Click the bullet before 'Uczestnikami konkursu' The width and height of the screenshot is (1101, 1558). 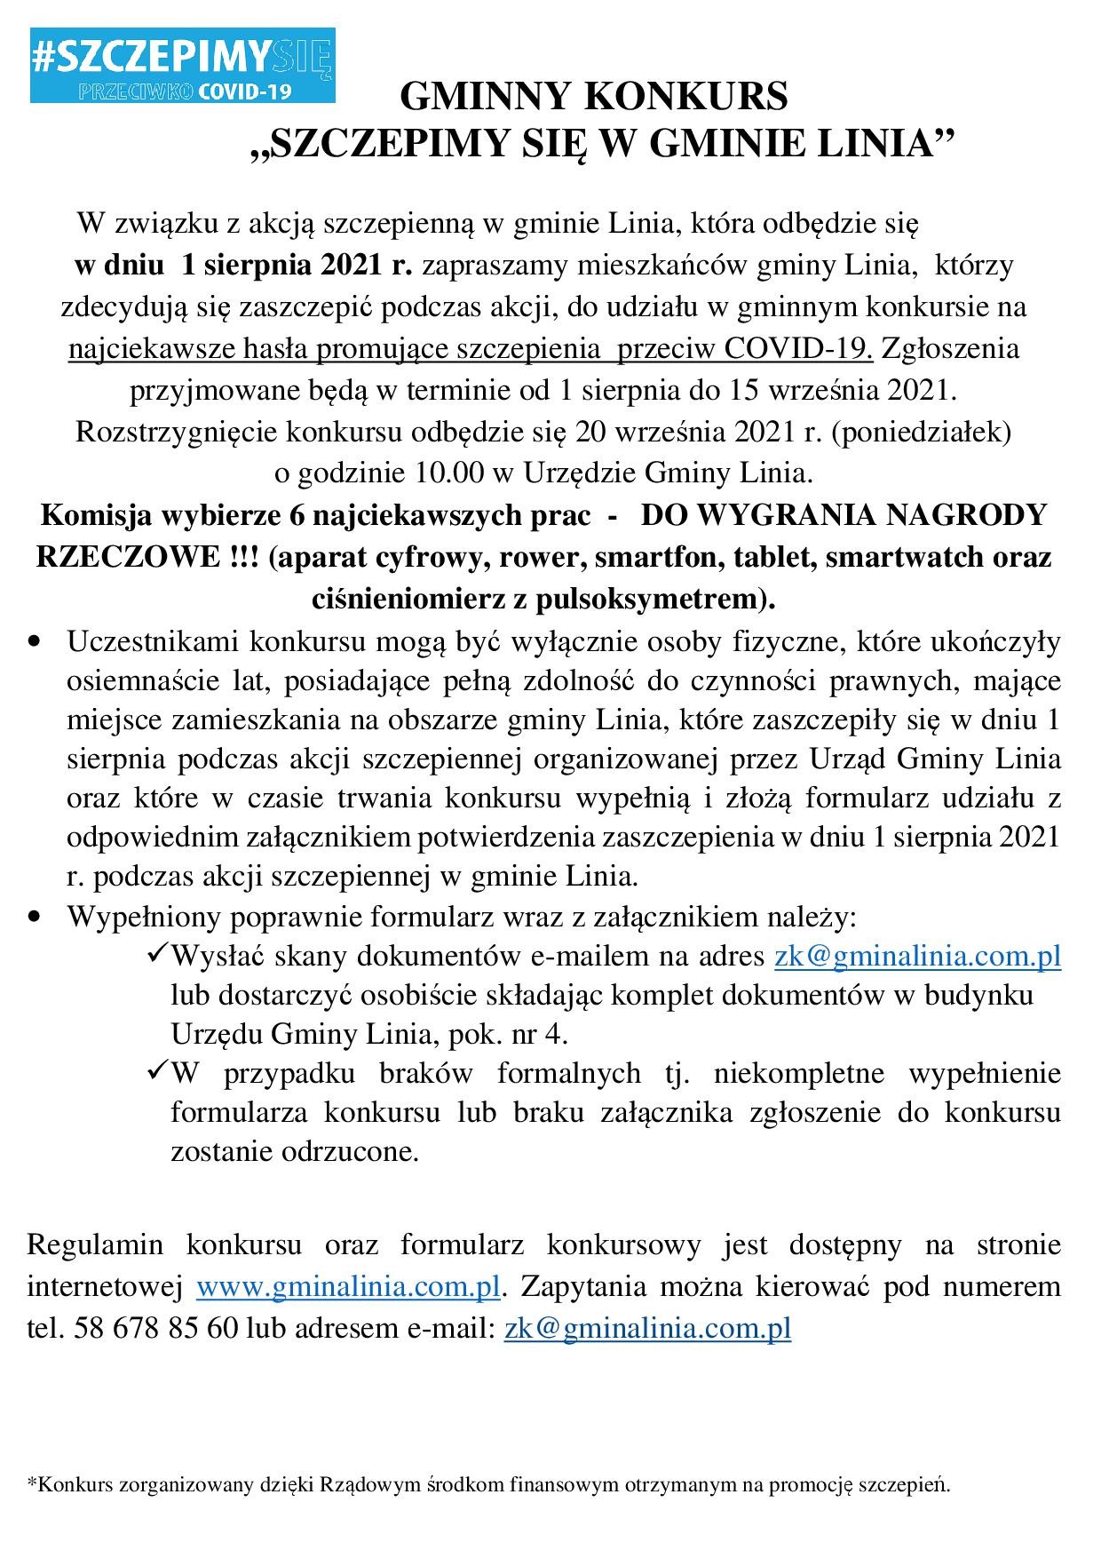(36, 641)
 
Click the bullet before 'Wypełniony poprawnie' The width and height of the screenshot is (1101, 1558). (36, 915)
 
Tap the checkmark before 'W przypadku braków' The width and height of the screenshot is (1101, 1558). (154, 1071)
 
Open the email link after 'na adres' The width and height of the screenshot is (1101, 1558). (917, 956)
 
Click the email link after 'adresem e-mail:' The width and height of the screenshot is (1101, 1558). (647, 1327)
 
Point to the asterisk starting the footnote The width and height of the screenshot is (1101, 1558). (32, 1482)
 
